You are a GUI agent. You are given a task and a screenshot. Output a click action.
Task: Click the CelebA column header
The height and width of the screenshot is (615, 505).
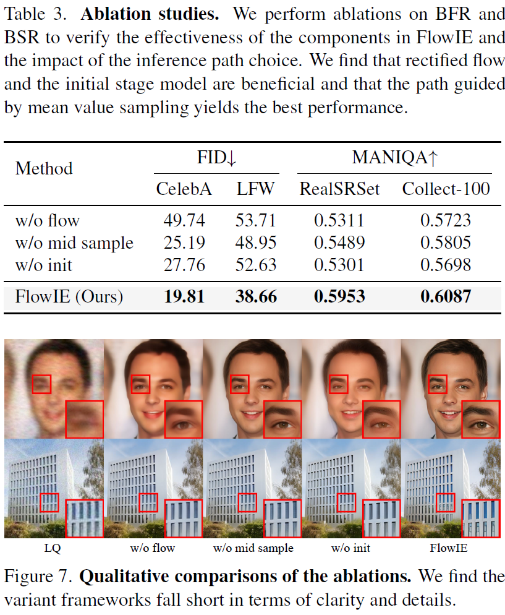[184, 189]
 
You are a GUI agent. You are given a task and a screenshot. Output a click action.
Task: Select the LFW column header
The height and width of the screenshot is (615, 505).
[255, 189]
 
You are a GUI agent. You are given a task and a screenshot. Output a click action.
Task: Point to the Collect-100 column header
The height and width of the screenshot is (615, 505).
[446, 189]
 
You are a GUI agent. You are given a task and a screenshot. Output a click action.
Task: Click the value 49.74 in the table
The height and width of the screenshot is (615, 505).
[184, 220]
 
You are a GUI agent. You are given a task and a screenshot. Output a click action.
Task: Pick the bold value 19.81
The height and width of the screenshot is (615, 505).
[184, 296]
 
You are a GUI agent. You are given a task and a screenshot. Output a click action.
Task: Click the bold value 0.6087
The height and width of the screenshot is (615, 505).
[446, 296]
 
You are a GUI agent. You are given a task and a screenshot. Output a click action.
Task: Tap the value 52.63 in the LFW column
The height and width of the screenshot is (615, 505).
[255, 265]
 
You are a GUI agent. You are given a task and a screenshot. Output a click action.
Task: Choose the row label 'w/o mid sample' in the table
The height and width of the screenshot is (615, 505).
[74, 243]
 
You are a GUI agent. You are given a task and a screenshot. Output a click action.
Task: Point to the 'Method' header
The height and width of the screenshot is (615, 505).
[44, 168]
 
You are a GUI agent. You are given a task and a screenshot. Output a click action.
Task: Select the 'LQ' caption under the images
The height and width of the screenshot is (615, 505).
[53, 548]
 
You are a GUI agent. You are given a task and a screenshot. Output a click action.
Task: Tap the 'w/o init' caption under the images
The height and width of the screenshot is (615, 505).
[350, 548]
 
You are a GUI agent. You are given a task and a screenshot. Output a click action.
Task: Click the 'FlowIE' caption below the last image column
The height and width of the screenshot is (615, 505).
[450, 548]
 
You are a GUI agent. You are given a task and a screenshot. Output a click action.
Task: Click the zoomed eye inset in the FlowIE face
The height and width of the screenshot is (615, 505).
[482, 419]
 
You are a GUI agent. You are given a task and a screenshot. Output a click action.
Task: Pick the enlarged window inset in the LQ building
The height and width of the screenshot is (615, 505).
[84, 518]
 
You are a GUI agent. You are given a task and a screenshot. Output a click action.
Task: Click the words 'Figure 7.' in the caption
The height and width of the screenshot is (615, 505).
[39, 577]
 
